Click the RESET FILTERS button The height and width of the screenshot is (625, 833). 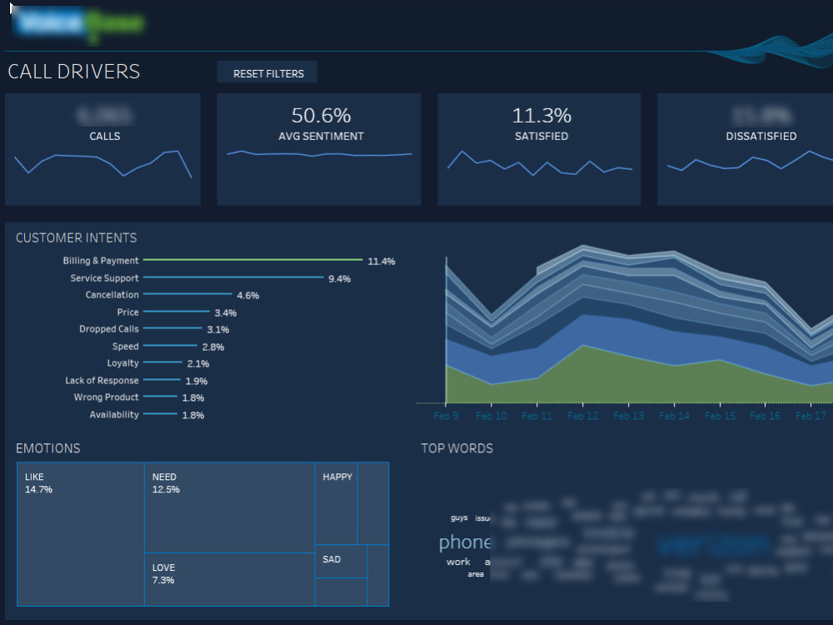pos(267,73)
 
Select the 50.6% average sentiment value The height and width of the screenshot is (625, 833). pos(321,116)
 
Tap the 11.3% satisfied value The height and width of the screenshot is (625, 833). pos(541,116)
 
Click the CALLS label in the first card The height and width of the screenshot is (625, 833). pos(104,136)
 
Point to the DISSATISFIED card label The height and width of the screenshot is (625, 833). pos(761,136)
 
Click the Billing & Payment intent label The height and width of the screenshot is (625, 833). pos(101,261)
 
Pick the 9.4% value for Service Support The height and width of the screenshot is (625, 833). pos(339,278)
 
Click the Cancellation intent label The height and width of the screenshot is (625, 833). pos(112,295)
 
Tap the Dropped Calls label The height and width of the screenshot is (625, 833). pos(109,329)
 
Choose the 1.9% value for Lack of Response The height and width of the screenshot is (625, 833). pos(196,381)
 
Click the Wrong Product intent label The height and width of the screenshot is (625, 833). pos(106,397)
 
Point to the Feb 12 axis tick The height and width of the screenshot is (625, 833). pos(582,415)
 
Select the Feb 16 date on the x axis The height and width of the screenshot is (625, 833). pos(765,415)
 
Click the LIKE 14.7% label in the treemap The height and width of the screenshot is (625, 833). pos(38,483)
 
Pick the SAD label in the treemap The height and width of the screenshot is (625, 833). pos(332,559)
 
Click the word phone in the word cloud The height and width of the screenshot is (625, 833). pos(464,542)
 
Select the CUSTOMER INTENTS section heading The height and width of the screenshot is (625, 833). pos(76,238)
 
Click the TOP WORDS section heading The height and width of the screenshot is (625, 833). pos(456,448)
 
